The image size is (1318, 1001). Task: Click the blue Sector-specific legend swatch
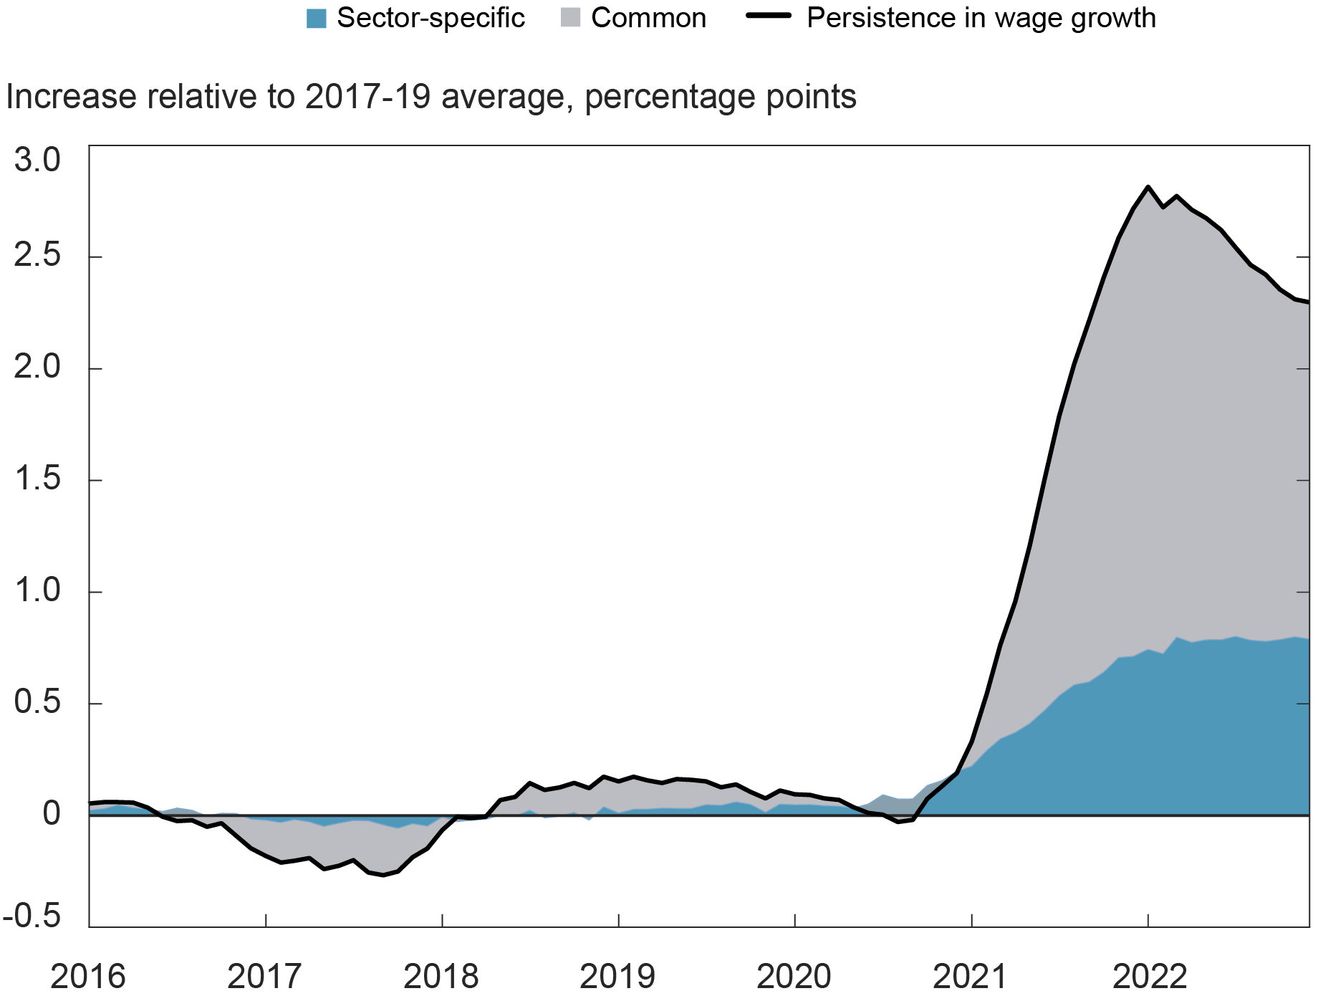pos(316,19)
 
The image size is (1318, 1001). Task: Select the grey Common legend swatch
pos(570,19)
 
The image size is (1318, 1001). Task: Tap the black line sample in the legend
pos(769,16)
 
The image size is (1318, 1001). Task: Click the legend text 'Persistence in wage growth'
pos(981,19)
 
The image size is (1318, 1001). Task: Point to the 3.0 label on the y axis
pos(37,160)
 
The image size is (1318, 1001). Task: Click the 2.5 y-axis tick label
pos(37,257)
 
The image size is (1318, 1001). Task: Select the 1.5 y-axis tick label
pos(37,479)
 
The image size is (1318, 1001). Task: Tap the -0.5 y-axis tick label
pos(32,916)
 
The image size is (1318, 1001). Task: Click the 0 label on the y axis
pos(51,814)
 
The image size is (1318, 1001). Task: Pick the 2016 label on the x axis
pos(88,977)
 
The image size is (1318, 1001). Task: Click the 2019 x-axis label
pos(617,977)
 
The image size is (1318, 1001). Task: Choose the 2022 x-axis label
pos(1149,977)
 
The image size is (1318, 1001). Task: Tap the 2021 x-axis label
pos(971,977)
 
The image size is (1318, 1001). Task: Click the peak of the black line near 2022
pos(1148,187)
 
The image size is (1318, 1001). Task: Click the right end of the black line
pos(1308,302)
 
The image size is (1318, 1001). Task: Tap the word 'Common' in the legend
pos(648,19)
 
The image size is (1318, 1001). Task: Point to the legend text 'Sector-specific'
pos(430,19)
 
